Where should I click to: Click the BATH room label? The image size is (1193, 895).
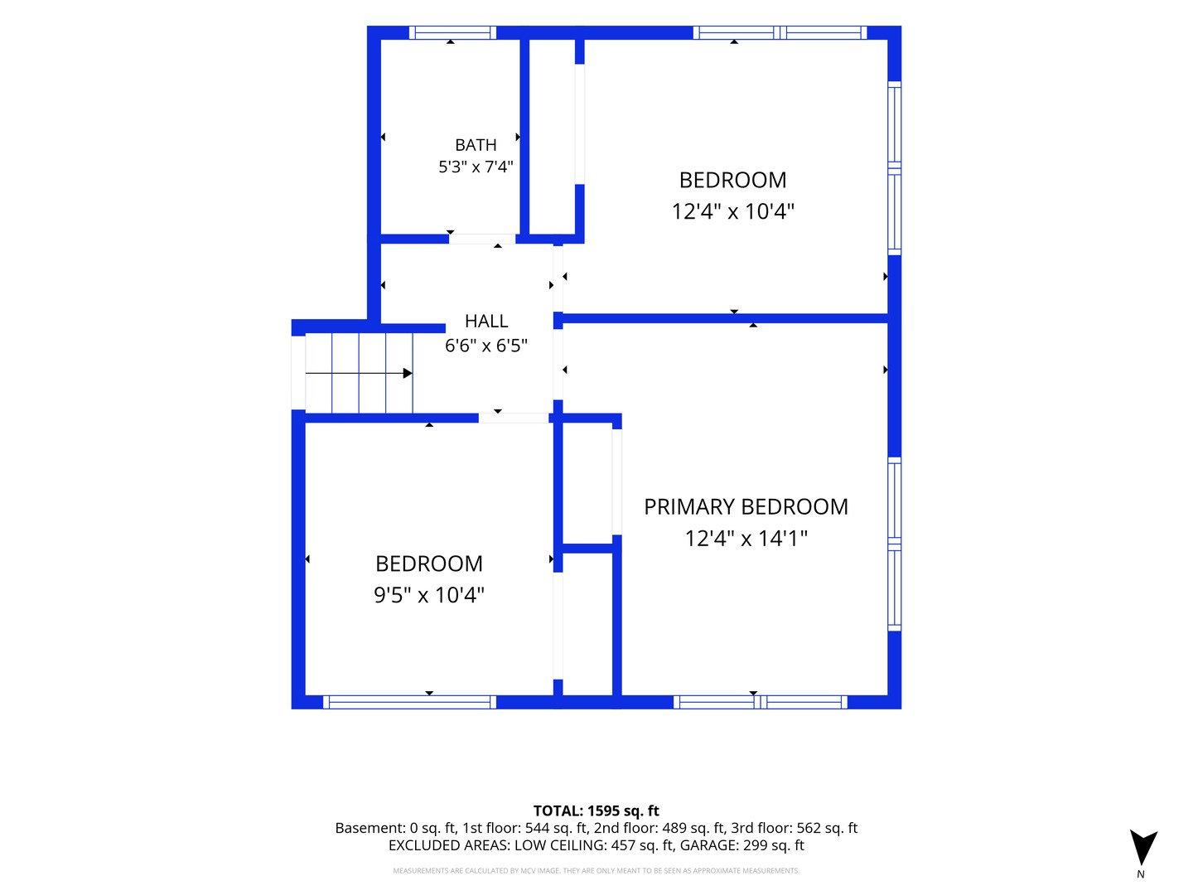click(476, 145)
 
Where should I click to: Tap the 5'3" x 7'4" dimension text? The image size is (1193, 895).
click(476, 167)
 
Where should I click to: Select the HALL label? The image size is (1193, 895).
click(485, 322)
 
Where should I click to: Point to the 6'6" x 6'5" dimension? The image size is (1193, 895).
click(485, 346)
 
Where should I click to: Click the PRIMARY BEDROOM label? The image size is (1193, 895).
click(746, 507)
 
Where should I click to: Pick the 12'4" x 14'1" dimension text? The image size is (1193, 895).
click(746, 539)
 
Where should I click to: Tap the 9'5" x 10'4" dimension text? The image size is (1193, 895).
click(429, 595)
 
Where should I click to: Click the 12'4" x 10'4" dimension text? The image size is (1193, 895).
click(732, 211)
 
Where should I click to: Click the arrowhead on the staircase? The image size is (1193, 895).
click(407, 373)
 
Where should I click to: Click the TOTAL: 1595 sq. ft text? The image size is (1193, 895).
click(596, 810)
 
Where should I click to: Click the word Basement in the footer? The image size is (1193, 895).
click(369, 828)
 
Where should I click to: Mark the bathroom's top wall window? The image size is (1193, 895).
click(452, 32)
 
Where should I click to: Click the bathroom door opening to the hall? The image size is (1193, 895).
click(482, 239)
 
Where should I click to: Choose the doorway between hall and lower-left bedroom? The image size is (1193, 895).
click(513, 418)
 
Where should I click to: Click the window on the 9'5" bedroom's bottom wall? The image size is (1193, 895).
click(409, 702)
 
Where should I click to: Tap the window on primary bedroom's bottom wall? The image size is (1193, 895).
click(761, 702)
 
